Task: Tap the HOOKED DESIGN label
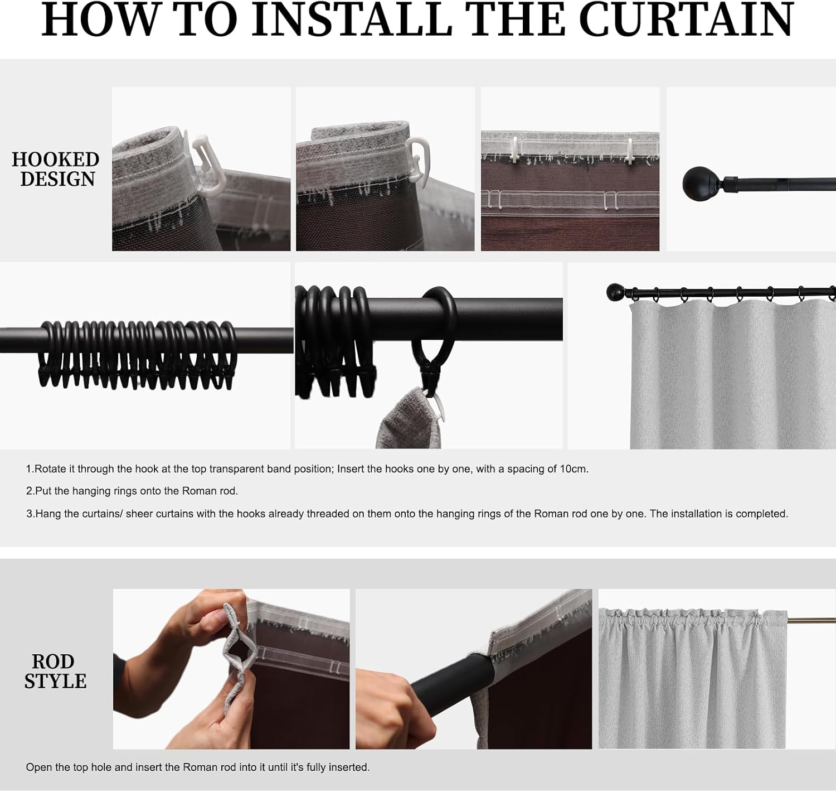(x=56, y=169)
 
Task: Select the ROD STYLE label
(x=55, y=671)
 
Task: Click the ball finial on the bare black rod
(x=694, y=183)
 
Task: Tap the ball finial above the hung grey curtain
(x=615, y=292)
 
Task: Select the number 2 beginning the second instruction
(x=29, y=491)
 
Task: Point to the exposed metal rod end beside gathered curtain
(x=811, y=620)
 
